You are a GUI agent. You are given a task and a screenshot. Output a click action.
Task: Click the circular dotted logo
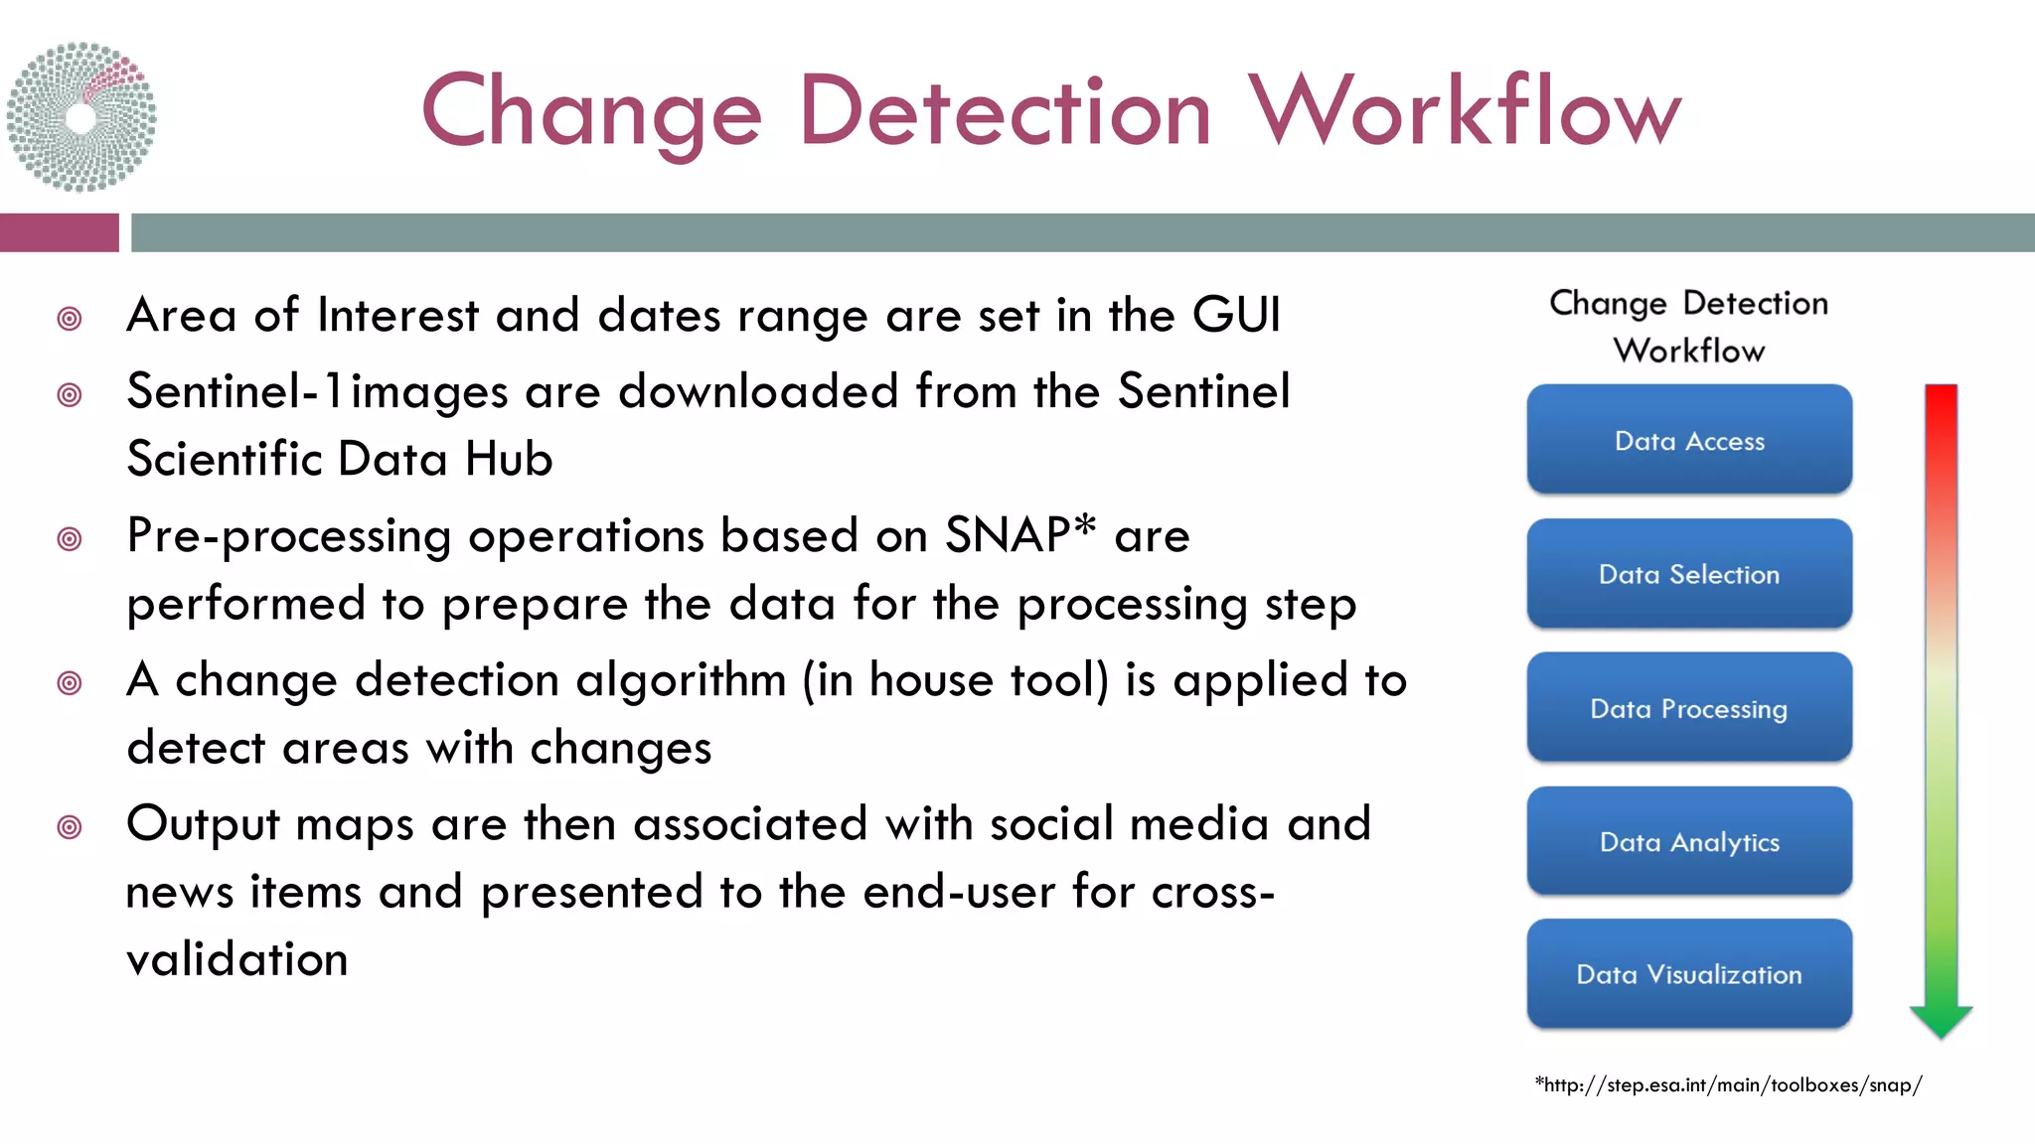coord(81,117)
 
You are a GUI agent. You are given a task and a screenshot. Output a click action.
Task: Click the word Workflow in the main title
coord(1464,111)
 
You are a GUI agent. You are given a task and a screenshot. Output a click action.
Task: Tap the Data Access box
coord(1689,440)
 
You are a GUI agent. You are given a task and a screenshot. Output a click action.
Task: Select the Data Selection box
coord(1689,574)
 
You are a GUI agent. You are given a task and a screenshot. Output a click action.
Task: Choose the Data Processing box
coord(1689,708)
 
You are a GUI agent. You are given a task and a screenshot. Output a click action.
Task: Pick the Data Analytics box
coord(1689,841)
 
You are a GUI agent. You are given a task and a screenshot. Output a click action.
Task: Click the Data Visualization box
coord(1689,974)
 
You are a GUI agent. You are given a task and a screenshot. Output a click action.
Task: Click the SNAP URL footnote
coord(1728,1084)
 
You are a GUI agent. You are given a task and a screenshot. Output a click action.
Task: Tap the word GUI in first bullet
coord(1236,315)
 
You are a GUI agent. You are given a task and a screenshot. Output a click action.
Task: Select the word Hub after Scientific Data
coord(508,459)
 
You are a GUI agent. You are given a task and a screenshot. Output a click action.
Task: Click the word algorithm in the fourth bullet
coord(681,680)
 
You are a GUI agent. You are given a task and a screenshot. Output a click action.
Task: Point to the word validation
coord(237,959)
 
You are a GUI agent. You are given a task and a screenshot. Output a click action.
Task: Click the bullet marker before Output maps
coord(70,826)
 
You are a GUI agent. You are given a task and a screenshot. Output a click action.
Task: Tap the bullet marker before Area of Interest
coord(70,319)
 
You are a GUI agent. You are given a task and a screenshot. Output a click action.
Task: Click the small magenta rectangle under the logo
coord(59,232)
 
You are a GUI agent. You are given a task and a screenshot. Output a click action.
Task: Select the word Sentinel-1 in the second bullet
coord(235,391)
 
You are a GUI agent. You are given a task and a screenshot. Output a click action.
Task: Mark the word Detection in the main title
coord(1005,111)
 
